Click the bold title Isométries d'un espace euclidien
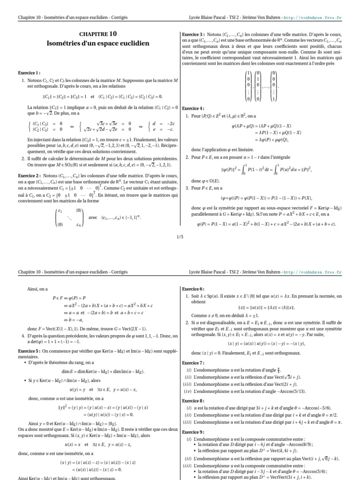(97, 44)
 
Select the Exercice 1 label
(29, 73)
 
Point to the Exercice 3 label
(193, 34)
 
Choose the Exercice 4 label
(193, 108)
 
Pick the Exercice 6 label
(193, 289)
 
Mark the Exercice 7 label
(193, 363)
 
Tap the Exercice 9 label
(193, 432)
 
